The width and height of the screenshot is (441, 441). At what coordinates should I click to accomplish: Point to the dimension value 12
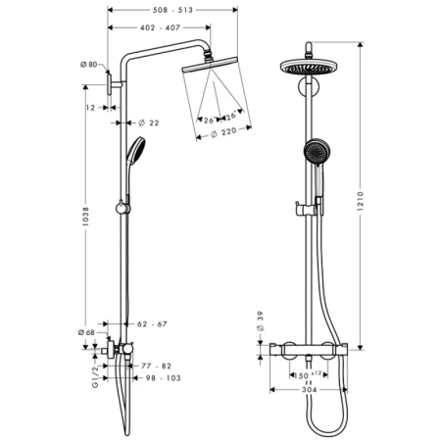(x=90, y=107)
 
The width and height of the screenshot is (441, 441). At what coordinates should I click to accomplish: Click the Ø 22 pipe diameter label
(x=149, y=122)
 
